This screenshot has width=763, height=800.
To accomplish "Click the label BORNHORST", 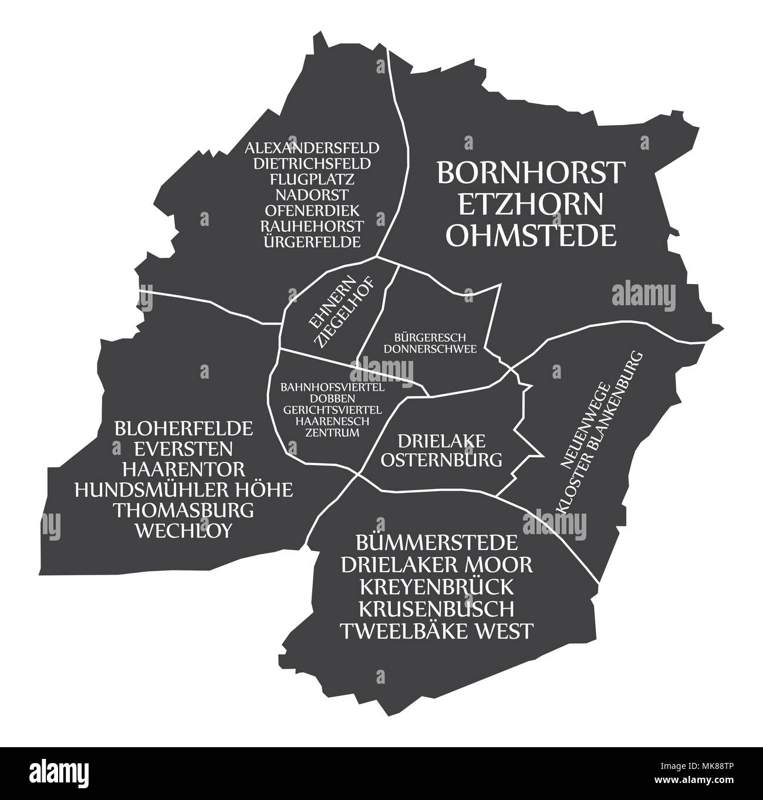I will coord(531,173).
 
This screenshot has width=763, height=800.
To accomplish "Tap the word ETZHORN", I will coord(530,204).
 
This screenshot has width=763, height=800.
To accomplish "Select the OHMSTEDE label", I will coord(531,235).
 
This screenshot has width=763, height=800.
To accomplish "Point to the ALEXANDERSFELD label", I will coord(312,147).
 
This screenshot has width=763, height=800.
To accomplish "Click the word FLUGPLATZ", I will coord(312,178).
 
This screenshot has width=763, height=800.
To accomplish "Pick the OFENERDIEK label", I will coord(312,210).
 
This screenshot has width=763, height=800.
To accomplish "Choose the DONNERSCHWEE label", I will coord(430,348).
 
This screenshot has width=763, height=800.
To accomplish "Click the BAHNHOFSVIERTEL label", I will coord(332,388).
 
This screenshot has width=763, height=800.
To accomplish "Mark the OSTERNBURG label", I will coord(441,460).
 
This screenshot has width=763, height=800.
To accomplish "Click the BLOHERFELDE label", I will coord(183,428).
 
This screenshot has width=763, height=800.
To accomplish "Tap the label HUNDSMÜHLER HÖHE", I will coord(183,490).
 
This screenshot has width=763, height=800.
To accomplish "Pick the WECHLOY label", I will coord(183,530).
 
